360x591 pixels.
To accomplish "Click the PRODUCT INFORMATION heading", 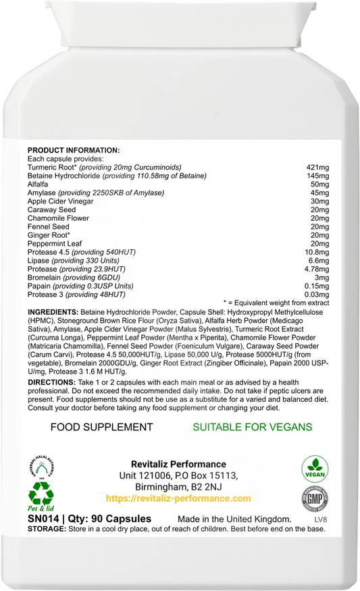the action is click(73, 150).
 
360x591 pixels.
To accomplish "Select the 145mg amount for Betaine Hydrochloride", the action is click(317, 176).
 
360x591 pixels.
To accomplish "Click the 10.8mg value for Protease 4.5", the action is click(315, 252).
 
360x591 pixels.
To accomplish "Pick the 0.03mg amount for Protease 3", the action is click(315, 294).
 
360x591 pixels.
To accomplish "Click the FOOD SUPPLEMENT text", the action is click(102, 427).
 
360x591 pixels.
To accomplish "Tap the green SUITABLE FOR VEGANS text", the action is click(253, 427).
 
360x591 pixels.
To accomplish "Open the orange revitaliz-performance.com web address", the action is click(178, 498).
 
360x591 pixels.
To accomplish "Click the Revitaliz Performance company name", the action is click(178, 464).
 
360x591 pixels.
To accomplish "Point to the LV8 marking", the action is click(319, 519).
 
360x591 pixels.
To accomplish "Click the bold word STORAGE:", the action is click(45, 528).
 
